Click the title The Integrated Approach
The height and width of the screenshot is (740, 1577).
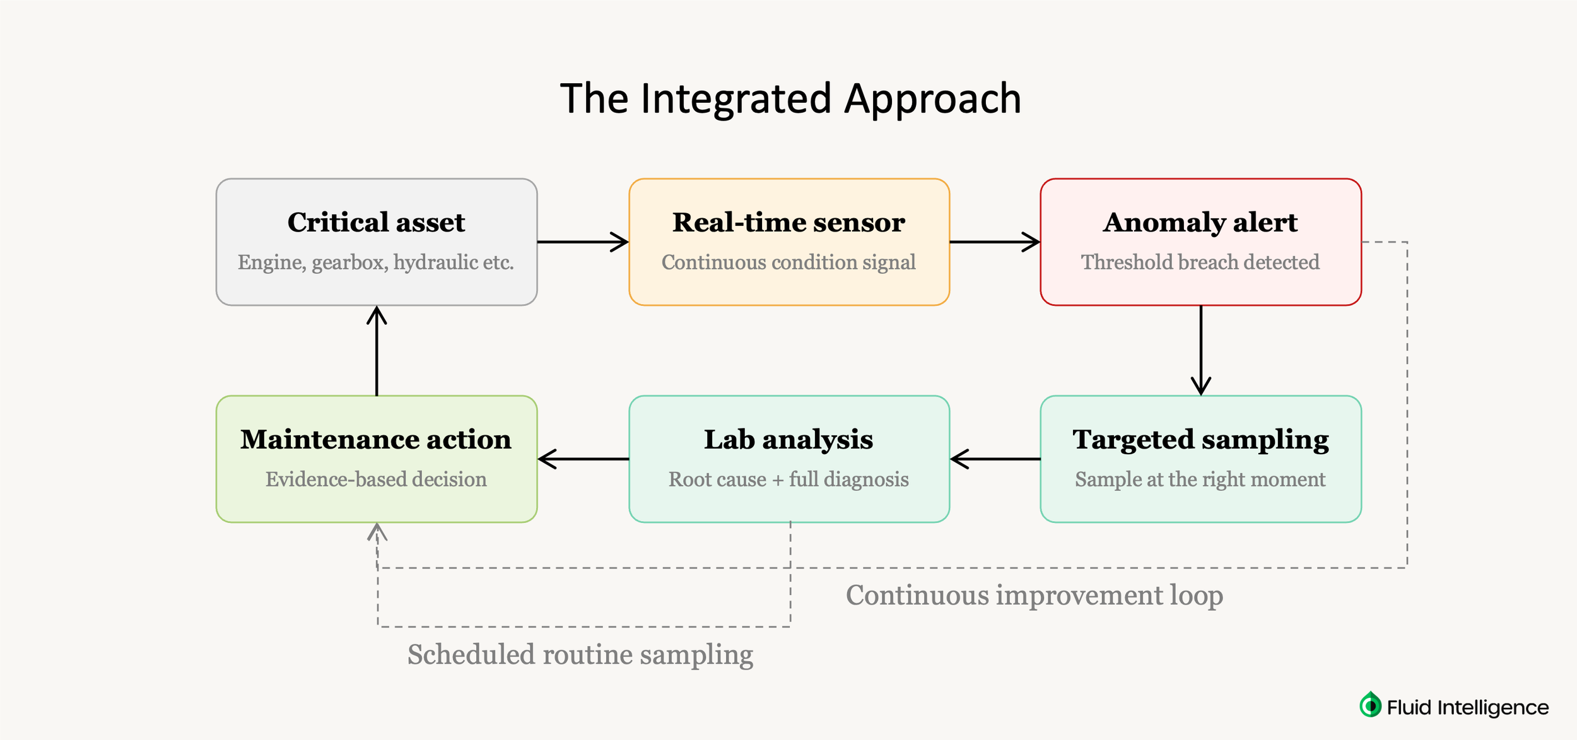tap(790, 99)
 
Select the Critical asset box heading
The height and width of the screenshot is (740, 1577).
tap(376, 223)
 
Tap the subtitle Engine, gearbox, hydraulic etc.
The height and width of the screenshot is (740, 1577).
tap(376, 262)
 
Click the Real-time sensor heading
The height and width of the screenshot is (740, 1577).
tap(788, 223)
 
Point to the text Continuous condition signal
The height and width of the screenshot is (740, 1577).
tap(788, 262)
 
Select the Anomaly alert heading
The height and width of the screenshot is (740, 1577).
tap(1200, 223)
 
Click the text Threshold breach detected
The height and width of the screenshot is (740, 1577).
tap(1200, 262)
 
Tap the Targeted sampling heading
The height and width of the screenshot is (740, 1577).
tap(1200, 440)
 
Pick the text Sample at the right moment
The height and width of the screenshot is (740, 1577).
tap(1200, 479)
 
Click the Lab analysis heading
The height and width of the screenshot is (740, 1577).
tap(788, 440)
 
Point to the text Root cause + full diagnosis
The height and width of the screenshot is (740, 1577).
tap(788, 479)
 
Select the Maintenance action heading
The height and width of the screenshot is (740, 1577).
tap(376, 440)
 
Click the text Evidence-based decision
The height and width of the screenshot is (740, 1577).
tap(376, 479)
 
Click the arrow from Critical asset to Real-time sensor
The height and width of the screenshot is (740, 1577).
tap(582, 242)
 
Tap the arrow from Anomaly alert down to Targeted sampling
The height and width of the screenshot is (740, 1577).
tap(1200, 350)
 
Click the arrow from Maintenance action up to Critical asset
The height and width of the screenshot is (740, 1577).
tap(377, 351)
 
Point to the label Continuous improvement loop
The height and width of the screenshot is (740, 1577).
tap(1034, 596)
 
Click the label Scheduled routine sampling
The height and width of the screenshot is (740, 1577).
tap(580, 655)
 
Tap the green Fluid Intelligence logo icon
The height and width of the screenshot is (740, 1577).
tap(1370, 705)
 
